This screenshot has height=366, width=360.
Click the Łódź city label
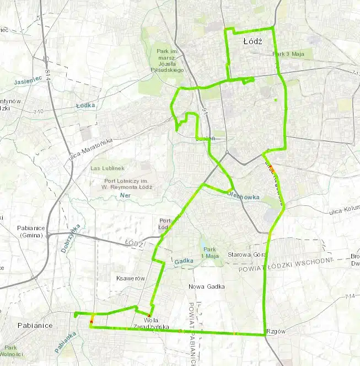point(252,41)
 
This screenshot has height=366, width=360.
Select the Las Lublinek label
point(108,168)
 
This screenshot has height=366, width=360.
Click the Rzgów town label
point(274,331)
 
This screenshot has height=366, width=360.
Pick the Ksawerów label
point(131,278)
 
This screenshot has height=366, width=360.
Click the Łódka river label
point(86,105)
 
